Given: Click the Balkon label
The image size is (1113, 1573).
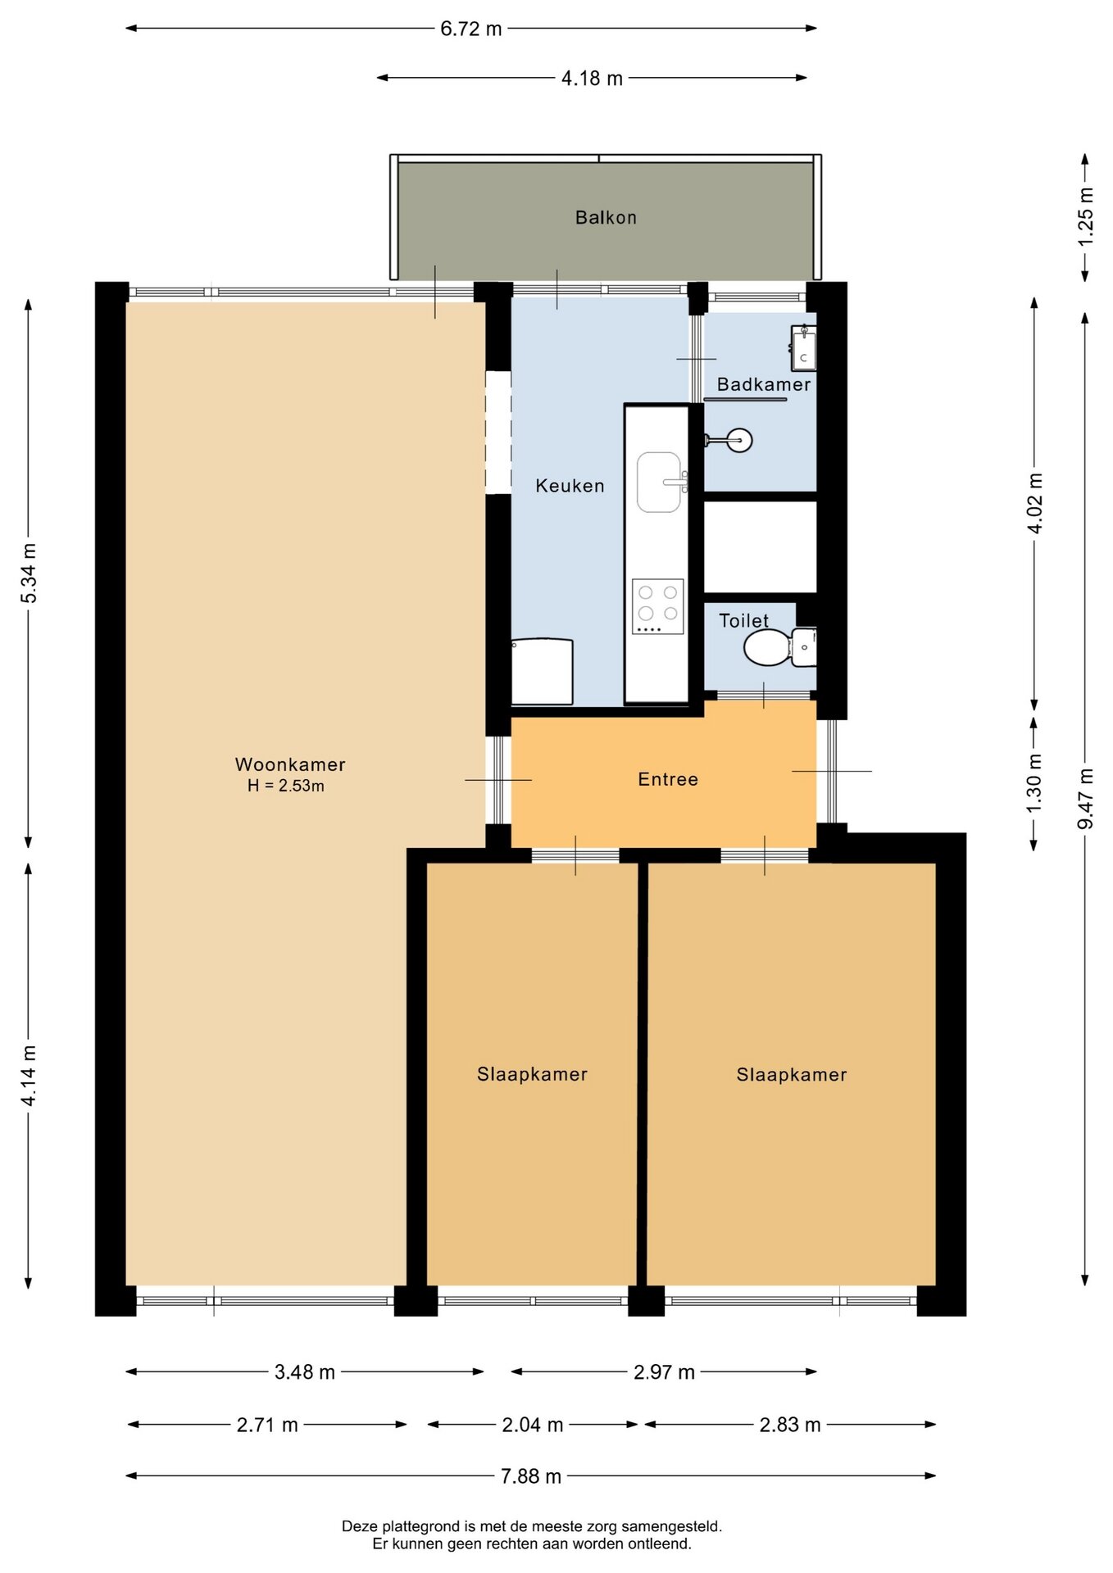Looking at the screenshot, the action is (606, 217).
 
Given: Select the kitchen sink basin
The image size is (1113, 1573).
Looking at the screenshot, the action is (659, 482).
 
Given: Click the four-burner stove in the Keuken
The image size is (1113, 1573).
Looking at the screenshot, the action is (657, 606).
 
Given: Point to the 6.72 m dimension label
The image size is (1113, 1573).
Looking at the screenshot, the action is (471, 29).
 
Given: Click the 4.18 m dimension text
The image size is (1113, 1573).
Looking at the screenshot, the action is (592, 78).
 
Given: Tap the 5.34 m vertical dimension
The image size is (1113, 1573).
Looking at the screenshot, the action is (29, 573).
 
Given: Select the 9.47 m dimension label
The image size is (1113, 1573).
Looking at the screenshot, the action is (1085, 798).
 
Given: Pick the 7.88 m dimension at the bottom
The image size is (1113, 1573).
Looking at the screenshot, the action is (531, 1476).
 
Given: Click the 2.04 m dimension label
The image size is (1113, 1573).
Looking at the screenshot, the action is (533, 1424).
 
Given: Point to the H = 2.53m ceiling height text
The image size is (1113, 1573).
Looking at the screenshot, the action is (286, 786).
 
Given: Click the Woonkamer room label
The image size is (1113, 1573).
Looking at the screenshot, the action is (290, 764).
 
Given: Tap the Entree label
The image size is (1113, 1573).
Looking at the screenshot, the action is (668, 779).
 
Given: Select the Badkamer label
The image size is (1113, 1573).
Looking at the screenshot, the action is (764, 384).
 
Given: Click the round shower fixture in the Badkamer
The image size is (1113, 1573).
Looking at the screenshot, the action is (739, 440).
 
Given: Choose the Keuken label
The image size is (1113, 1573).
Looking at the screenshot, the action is (570, 486).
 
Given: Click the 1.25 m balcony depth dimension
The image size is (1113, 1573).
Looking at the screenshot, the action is (1085, 216).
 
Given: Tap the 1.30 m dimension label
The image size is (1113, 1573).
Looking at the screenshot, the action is (1034, 783).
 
